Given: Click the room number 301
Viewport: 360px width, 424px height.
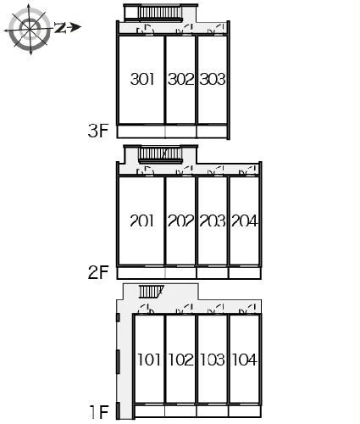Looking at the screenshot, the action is click(x=142, y=79).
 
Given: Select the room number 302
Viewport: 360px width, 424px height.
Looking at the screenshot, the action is click(x=181, y=79).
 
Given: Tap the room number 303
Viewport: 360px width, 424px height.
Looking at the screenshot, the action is click(x=213, y=79).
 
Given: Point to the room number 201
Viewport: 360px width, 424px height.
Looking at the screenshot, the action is click(x=142, y=220).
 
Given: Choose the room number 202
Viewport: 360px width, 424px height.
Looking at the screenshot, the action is click(x=181, y=220).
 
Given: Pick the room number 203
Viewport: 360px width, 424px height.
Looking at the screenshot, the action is click(x=213, y=220).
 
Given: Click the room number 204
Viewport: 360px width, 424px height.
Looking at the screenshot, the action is click(x=245, y=220).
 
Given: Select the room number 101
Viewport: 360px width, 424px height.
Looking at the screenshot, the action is click(x=149, y=360).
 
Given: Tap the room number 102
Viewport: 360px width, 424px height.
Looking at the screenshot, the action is click(x=181, y=360).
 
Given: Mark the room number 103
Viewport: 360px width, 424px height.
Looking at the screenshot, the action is click(x=213, y=360).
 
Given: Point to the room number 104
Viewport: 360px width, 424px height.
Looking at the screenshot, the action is click(x=245, y=360).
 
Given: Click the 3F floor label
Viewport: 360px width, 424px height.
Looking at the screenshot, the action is click(x=98, y=131).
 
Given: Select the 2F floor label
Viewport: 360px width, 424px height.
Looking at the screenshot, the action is click(x=98, y=272).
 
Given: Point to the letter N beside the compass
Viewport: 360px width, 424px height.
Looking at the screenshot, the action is click(x=60, y=28).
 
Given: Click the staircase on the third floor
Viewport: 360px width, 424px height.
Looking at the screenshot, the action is click(x=160, y=13).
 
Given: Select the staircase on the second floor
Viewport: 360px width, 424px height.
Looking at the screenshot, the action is click(x=160, y=155).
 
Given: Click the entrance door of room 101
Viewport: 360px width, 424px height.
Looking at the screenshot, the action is click(x=147, y=310).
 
